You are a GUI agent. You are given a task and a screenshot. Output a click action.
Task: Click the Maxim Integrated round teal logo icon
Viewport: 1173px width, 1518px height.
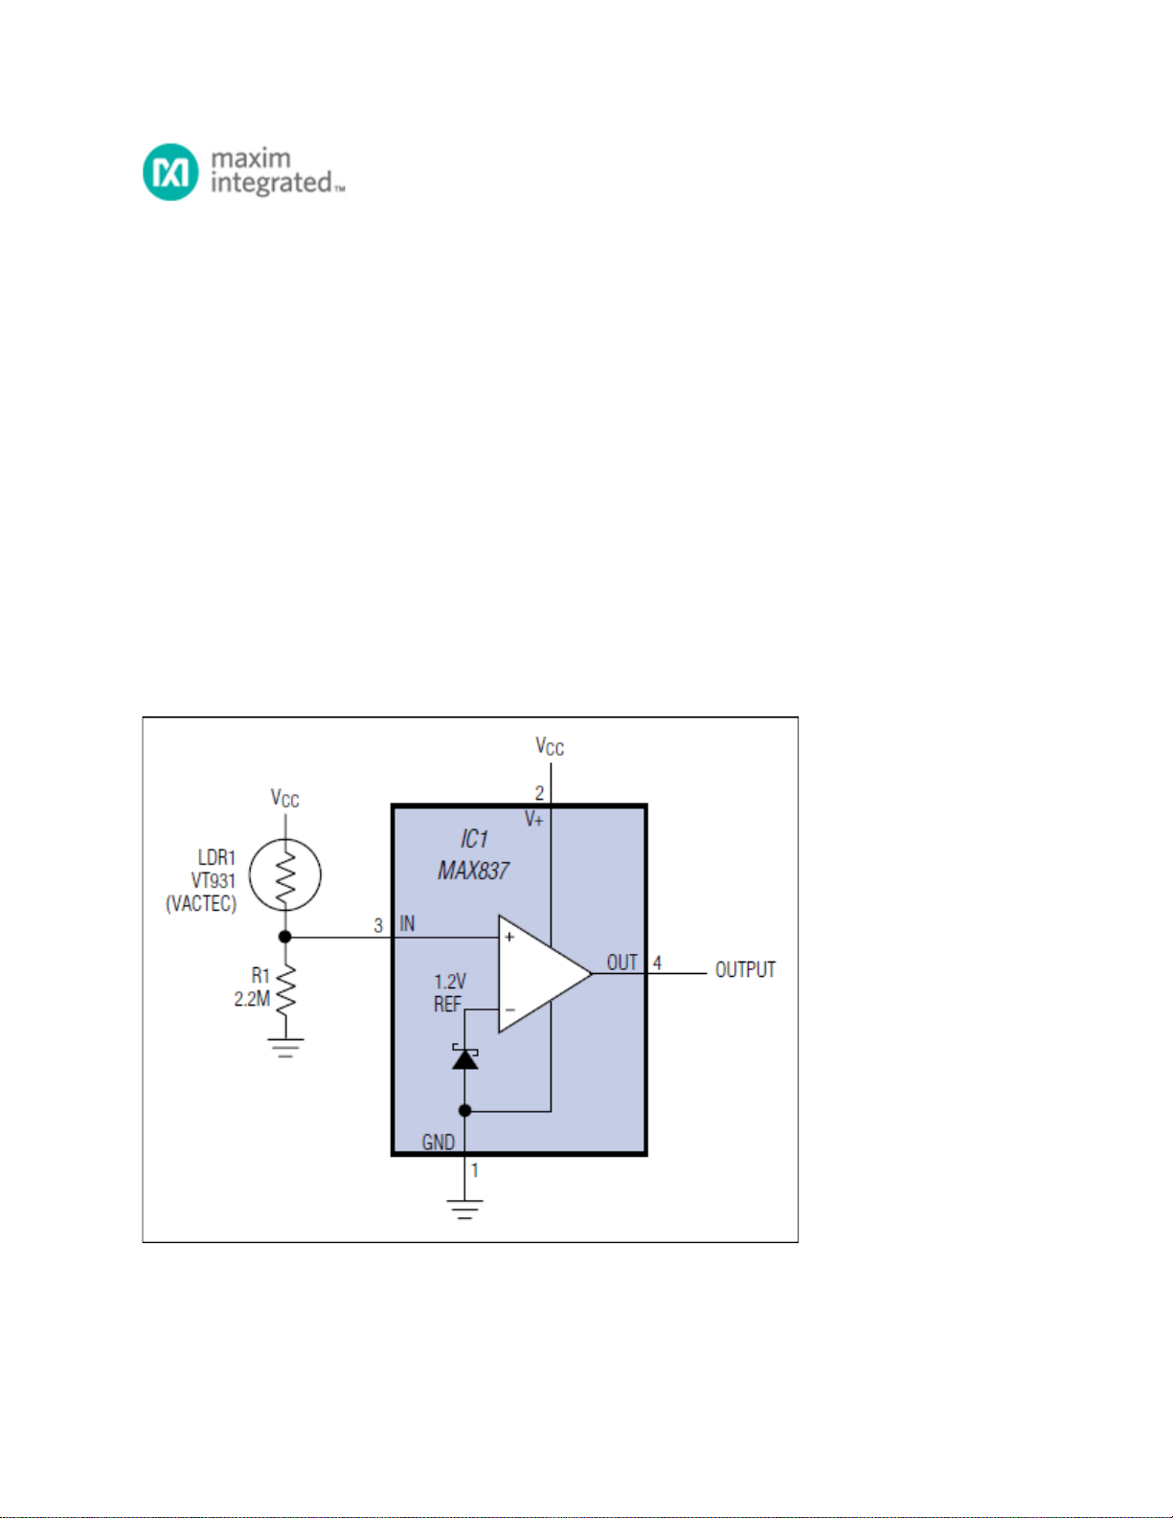click(x=170, y=171)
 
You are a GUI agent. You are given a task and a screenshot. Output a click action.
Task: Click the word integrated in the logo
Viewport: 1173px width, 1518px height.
click(x=271, y=183)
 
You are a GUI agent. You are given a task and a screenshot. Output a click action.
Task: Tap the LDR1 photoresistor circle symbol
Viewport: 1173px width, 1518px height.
click(x=285, y=873)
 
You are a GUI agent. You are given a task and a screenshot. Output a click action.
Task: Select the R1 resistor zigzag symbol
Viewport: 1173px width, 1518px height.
click(x=285, y=990)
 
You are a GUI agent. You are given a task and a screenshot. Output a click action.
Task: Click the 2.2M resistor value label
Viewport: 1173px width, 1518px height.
click(x=251, y=1000)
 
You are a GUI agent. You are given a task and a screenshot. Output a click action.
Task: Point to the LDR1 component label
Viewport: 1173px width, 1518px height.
click(x=216, y=857)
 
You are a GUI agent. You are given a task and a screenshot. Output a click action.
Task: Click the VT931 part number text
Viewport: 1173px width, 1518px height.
click(x=214, y=880)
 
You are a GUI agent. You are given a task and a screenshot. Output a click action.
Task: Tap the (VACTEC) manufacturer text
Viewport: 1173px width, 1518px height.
click(x=201, y=904)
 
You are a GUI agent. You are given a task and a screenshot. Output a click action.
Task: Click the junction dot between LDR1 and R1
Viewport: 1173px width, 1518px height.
click(x=285, y=937)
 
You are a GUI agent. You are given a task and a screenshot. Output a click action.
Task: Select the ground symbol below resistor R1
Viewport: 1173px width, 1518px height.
click(x=285, y=1048)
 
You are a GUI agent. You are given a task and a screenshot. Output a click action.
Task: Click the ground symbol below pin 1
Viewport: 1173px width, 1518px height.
click(x=465, y=1210)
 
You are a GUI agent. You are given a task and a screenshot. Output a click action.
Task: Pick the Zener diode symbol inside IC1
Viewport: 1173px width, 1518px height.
click(x=465, y=1057)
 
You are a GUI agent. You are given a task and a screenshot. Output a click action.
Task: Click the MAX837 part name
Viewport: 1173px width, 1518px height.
click(x=473, y=871)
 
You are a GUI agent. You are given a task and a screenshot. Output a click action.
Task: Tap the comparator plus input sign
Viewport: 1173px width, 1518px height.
click(x=509, y=937)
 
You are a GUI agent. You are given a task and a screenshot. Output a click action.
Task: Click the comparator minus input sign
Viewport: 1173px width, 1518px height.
click(x=510, y=1010)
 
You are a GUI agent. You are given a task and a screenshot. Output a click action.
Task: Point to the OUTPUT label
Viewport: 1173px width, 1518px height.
click(x=745, y=969)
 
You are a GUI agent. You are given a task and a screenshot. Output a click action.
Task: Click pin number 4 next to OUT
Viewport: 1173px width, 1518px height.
click(x=657, y=963)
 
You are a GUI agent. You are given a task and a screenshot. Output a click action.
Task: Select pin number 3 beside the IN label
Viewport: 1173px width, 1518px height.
click(x=378, y=925)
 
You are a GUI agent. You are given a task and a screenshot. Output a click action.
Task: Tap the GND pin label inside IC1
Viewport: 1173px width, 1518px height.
click(x=438, y=1143)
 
